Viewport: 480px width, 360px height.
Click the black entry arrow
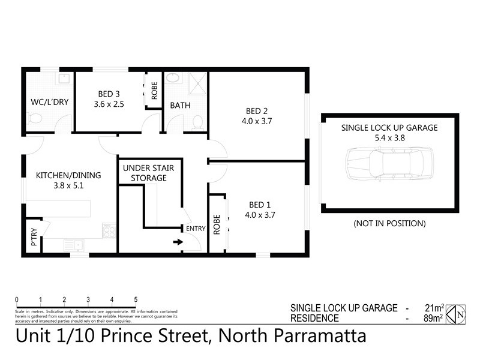click(x=178, y=242)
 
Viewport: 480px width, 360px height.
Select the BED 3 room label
click(x=109, y=94)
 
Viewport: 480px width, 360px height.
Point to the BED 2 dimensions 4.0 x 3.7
click(x=256, y=121)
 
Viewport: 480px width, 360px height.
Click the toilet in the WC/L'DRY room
click(x=35, y=118)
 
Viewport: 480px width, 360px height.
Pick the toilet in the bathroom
click(x=196, y=122)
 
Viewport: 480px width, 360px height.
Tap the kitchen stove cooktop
click(x=109, y=230)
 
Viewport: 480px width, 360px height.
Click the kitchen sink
click(x=73, y=244)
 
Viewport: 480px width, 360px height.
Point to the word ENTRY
click(x=196, y=229)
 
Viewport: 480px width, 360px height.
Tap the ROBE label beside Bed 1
click(x=217, y=225)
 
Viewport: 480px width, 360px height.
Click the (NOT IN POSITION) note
click(x=389, y=223)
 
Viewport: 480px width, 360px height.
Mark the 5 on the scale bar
click(x=136, y=299)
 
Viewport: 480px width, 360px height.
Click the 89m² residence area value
click(x=433, y=319)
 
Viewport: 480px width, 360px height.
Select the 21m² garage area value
click(x=433, y=308)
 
